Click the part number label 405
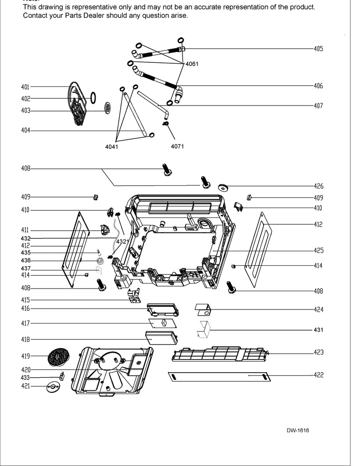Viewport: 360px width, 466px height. (318, 48)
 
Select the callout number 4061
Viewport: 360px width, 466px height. (192, 64)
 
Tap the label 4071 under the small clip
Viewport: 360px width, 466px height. (177, 147)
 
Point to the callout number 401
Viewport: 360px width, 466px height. (25, 87)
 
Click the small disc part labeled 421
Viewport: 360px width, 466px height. (53, 386)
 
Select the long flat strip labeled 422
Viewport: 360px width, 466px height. (219, 376)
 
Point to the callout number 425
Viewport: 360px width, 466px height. (318, 250)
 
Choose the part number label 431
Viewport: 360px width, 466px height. (318, 329)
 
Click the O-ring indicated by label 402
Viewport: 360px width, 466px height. (93, 97)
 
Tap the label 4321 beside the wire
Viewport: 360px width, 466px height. (122, 242)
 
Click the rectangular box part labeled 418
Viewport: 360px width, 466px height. (161, 338)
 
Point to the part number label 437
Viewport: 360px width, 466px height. (25, 268)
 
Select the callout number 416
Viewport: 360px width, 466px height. (25, 309)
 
